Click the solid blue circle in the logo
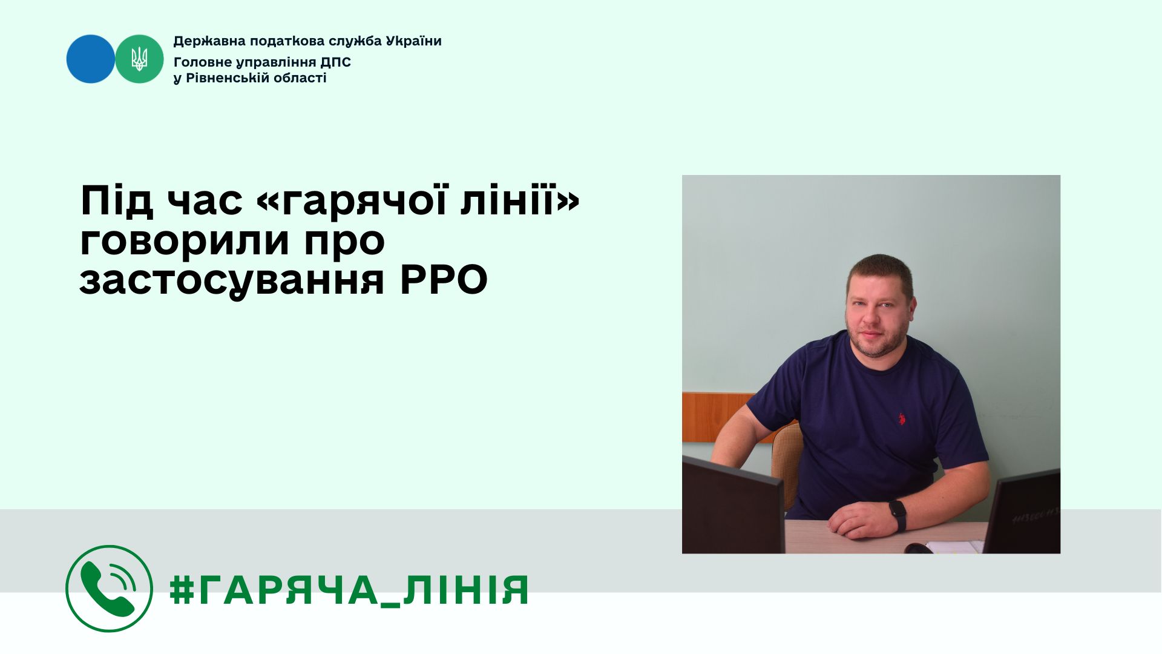[x=91, y=59]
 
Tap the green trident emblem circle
[x=139, y=59]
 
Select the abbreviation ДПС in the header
[x=336, y=62]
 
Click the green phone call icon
[x=109, y=589]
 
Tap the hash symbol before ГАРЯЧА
[x=181, y=589]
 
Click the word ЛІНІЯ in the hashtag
[x=465, y=590]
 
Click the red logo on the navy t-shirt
[x=901, y=418]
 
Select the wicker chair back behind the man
[x=787, y=466]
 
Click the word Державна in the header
[x=203, y=41]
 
